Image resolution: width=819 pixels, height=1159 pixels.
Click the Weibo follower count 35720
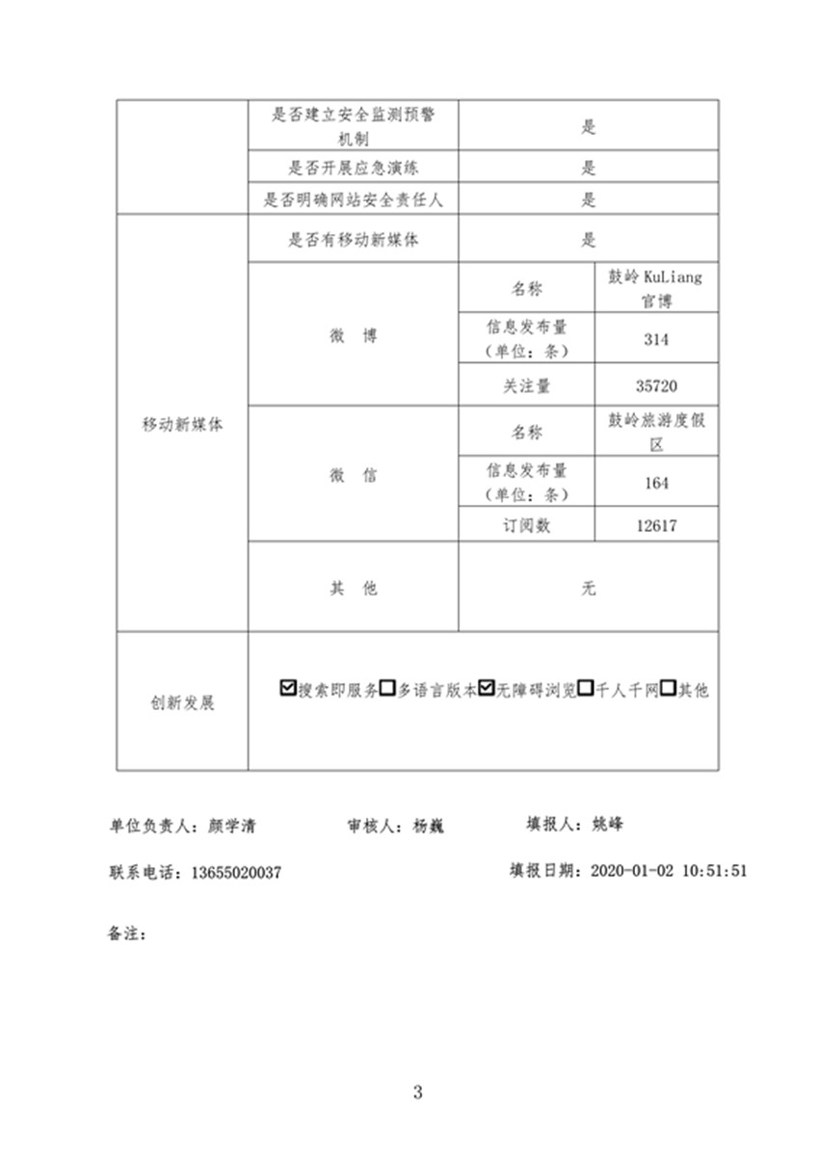(x=656, y=385)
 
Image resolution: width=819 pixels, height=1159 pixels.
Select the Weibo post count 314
(x=656, y=339)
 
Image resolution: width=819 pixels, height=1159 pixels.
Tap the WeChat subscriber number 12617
(x=656, y=525)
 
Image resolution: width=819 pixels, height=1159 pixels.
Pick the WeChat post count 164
(x=656, y=482)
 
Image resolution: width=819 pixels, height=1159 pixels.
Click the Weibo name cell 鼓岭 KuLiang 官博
(x=656, y=288)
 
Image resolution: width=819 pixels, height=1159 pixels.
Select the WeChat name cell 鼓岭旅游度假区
(x=656, y=433)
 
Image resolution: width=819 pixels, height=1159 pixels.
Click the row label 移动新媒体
(x=182, y=424)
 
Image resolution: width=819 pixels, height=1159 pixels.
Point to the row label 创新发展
(x=182, y=702)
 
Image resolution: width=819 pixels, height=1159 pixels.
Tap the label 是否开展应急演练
(x=353, y=168)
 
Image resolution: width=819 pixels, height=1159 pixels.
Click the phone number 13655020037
(x=236, y=873)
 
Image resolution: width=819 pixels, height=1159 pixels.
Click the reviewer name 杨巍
(x=428, y=826)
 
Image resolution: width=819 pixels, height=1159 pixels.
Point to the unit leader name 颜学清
(x=232, y=826)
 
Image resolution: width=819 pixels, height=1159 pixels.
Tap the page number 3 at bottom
(x=417, y=1093)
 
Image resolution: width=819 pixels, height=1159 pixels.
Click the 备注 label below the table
(x=126, y=933)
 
